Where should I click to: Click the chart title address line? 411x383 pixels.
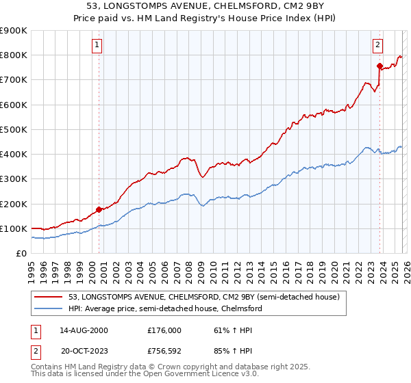point(205,6)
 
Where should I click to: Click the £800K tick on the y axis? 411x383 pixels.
point(14,55)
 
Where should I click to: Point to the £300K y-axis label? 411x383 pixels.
point(14,179)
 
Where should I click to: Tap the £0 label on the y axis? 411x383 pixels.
point(21,253)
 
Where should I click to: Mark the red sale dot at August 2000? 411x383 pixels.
point(99,209)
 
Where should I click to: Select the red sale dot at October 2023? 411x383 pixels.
point(379,66)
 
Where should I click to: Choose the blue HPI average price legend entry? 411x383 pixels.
point(165,308)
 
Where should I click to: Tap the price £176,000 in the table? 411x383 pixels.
point(164,330)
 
